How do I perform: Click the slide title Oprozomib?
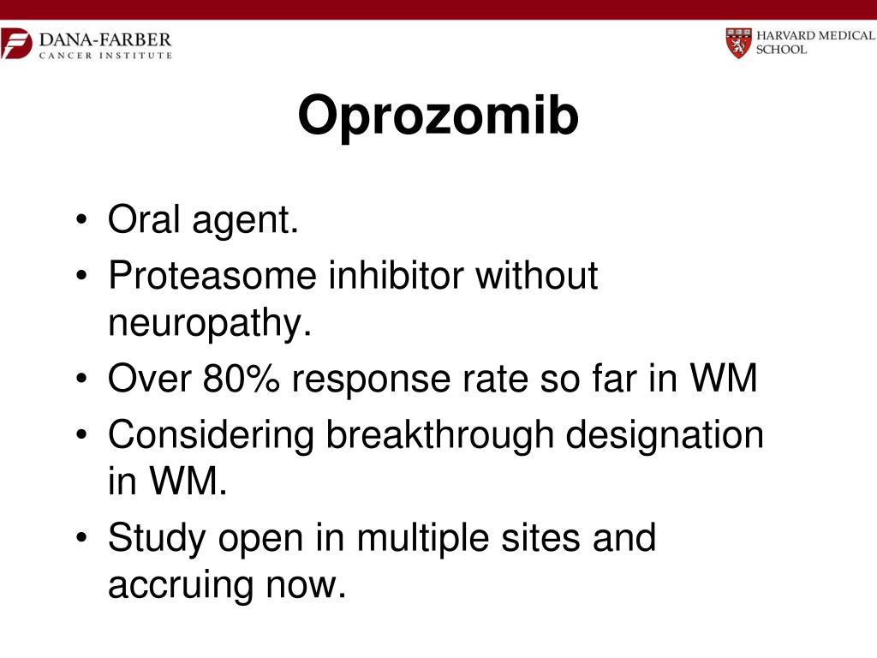coord(438,117)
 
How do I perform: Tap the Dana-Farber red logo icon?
coord(15,43)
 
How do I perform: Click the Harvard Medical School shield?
coord(737,42)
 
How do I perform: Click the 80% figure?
coord(242,379)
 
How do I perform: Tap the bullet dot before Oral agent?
coord(81,223)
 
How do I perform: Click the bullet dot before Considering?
coord(81,435)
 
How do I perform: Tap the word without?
coord(536,276)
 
